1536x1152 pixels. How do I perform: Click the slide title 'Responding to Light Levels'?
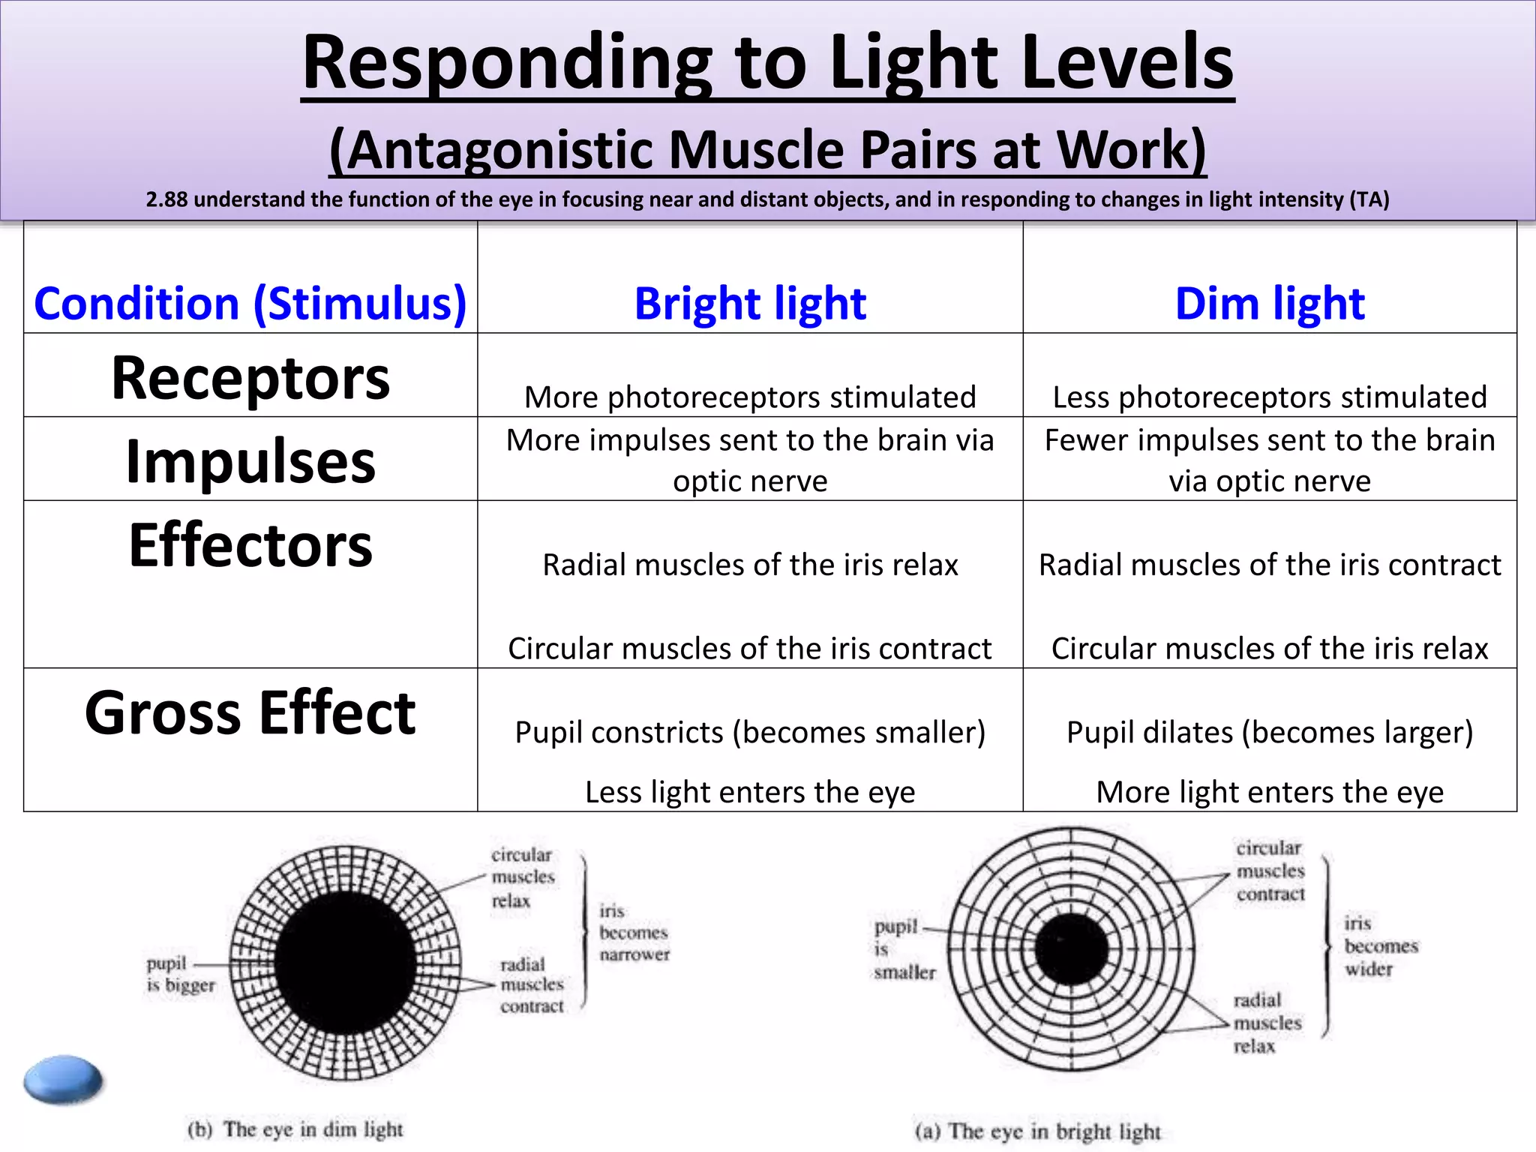[767, 64]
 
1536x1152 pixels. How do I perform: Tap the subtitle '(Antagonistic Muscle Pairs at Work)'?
[767, 150]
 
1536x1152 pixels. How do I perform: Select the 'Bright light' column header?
[750, 304]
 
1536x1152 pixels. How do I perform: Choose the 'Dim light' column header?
[1269, 304]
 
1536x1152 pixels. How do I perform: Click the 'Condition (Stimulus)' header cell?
[250, 304]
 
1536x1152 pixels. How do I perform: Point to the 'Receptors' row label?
[250, 377]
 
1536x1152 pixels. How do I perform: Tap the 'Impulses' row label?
[250, 460]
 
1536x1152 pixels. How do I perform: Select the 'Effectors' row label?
[250, 545]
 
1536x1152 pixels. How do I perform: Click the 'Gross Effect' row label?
[250, 712]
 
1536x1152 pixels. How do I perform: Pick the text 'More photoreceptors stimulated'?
[750, 397]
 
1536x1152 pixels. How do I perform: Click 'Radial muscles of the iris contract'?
[1269, 565]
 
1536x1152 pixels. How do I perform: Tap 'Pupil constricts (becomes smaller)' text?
[750, 732]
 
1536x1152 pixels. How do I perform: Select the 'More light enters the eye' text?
[1269, 792]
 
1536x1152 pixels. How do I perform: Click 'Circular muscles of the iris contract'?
[750, 648]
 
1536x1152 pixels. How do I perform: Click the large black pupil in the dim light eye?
[345, 964]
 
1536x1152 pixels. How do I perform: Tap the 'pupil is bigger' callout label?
[180, 973]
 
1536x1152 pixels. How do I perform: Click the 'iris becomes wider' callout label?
[1380, 946]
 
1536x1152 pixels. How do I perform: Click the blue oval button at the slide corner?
[63, 1079]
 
